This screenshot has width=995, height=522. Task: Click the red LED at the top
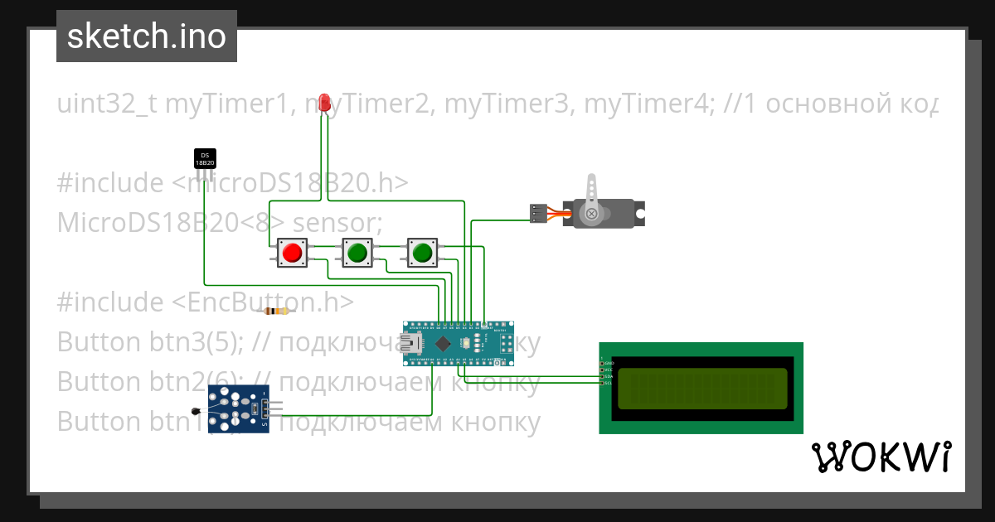point(324,104)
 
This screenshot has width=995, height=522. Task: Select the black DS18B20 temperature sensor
point(205,158)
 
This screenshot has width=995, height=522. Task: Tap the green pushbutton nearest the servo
point(422,252)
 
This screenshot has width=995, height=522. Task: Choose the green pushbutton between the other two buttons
point(357,252)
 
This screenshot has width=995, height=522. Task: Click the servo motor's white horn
point(592,199)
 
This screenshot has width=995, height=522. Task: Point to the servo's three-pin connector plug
point(538,213)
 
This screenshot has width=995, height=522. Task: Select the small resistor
point(276,312)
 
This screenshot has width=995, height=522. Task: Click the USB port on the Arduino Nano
point(412,343)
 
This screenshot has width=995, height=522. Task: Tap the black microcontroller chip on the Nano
point(444,342)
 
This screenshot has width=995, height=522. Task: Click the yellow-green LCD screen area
point(701,388)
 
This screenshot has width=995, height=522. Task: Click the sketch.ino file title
point(147,36)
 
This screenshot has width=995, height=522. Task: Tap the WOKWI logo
point(881,457)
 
